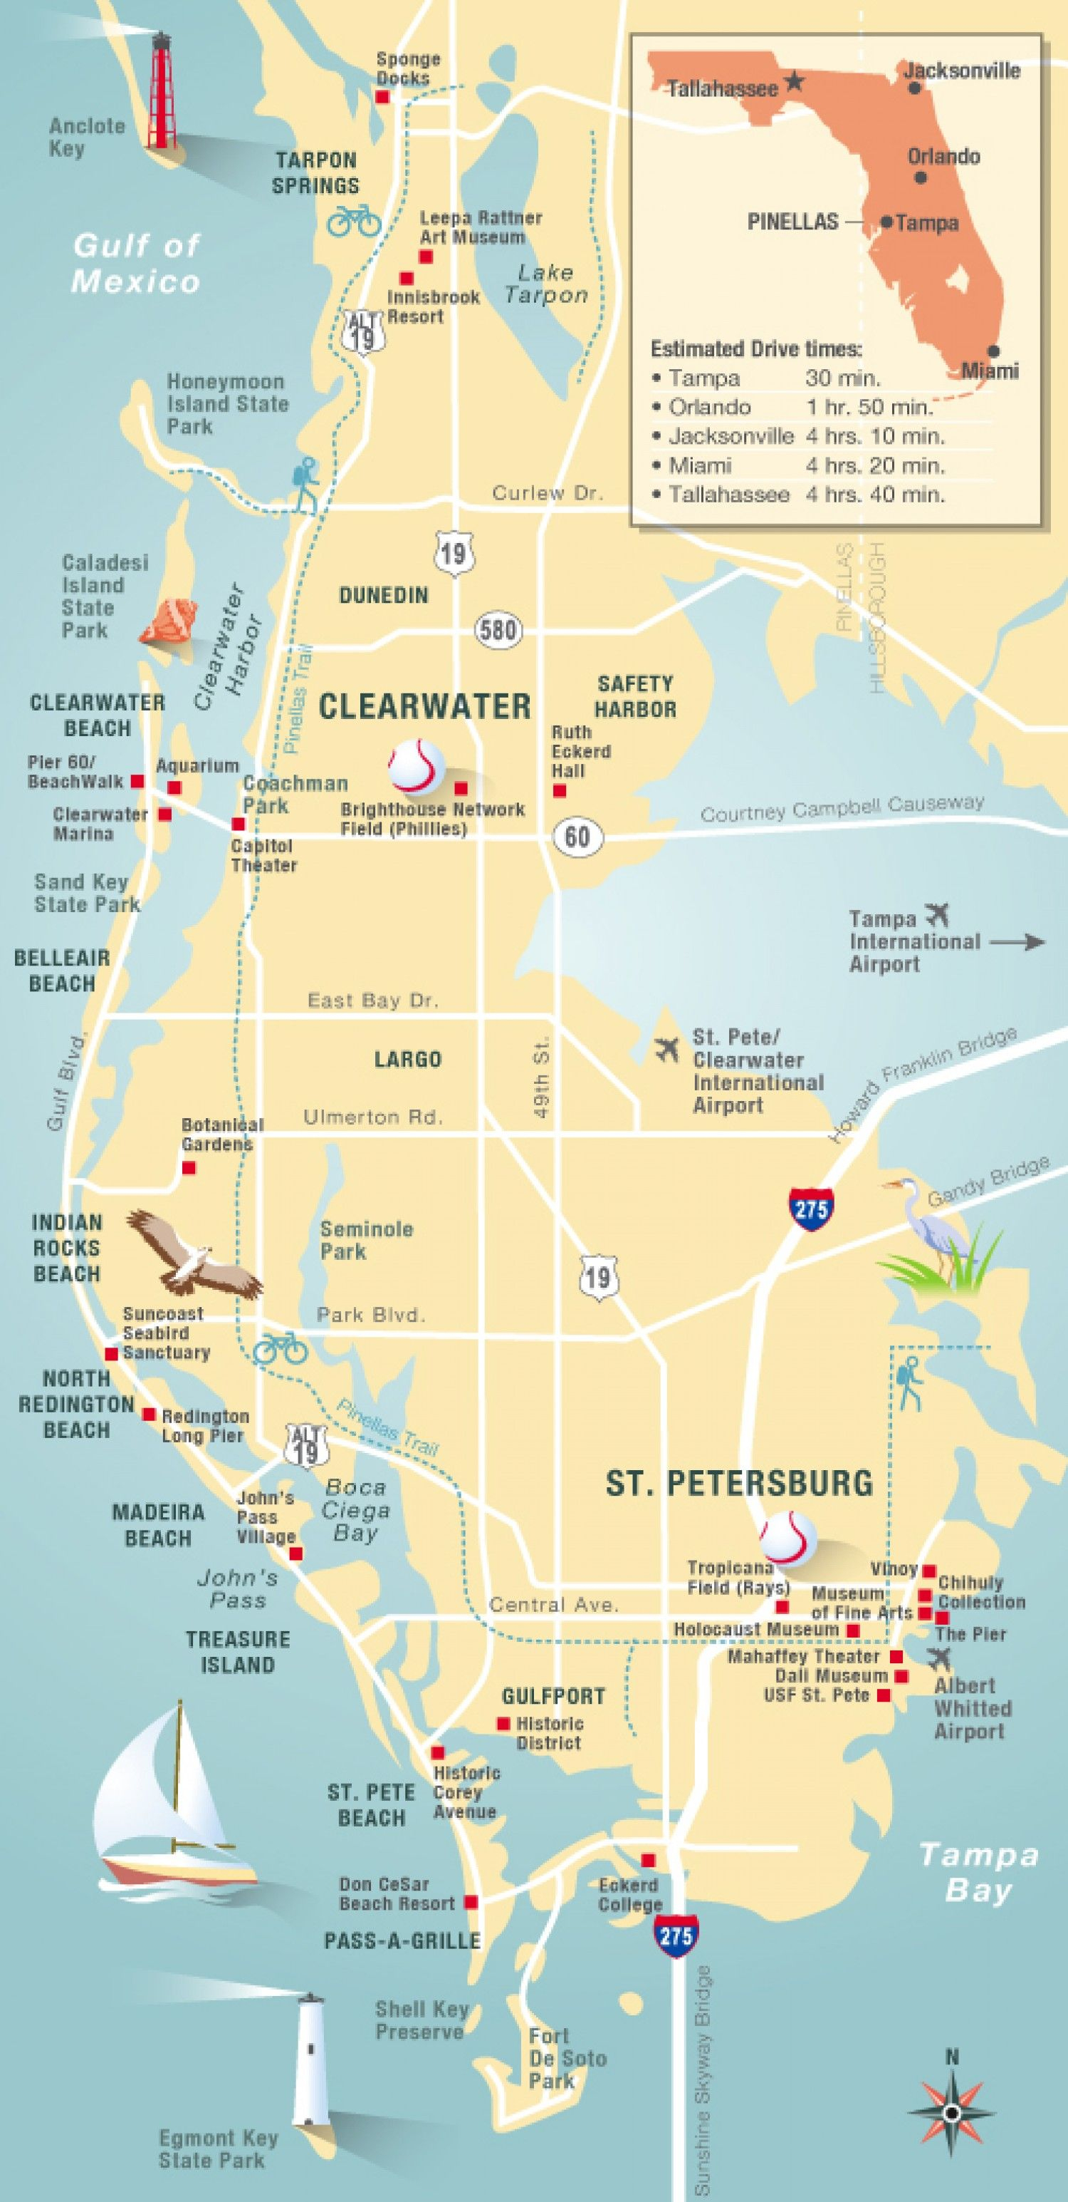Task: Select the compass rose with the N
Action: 952,2109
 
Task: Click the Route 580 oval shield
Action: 497,631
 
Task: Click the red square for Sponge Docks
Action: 383,98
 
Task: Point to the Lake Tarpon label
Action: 546,284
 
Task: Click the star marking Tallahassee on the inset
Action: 795,82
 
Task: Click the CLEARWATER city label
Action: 424,706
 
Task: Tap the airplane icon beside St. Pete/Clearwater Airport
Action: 667,1048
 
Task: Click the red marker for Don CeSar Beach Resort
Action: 470,1902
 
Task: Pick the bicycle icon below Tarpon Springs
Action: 355,219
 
